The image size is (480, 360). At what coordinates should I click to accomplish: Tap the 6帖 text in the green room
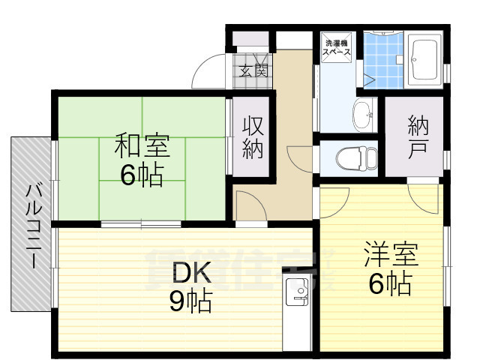[x=142, y=175]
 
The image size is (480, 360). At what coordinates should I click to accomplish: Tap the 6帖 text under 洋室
[x=389, y=283]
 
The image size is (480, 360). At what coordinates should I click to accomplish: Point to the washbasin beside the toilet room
[x=364, y=116]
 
